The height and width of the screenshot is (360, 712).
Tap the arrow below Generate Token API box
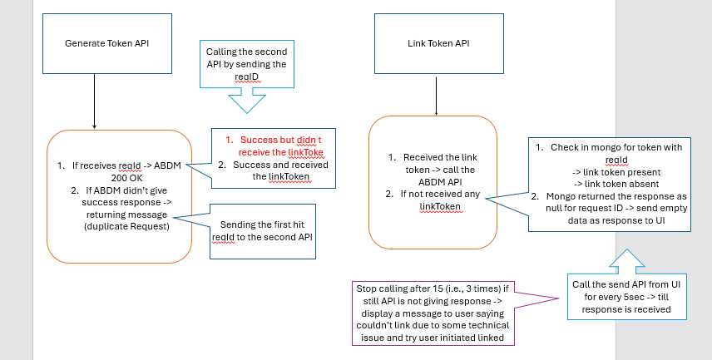pos(94,100)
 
